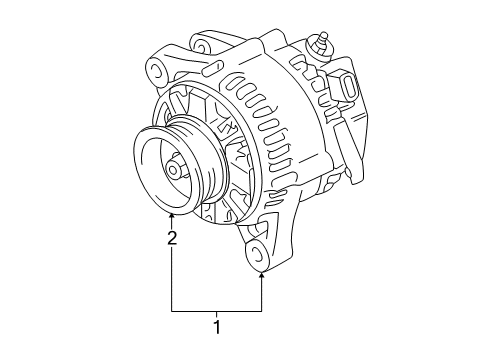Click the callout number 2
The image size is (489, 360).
[x=172, y=238]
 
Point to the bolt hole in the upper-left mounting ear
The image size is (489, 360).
[x=157, y=70]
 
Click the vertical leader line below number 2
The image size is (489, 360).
[x=172, y=280]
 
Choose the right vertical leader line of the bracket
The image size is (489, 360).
[x=262, y=292]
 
